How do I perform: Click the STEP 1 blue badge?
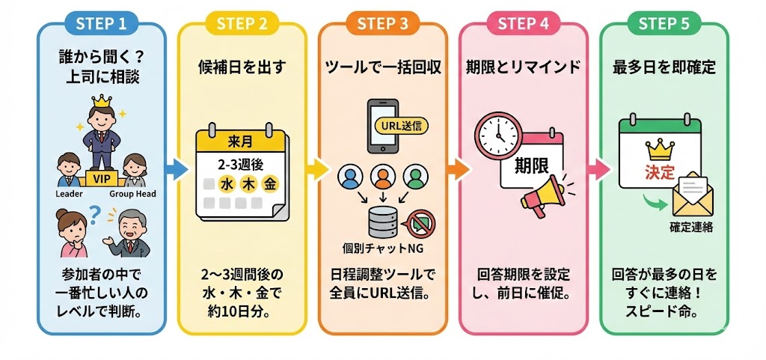pyautogui.click(x=101, y=23)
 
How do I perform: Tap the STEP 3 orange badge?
pyautogui.click(x=382, y=23)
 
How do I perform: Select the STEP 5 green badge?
pyautogui.click(x=664, y=23)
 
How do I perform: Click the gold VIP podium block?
pyautogui.click(x=100, y=178)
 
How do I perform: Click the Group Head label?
pyautogui.click(x=132, y=194)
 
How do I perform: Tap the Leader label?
pyautogui.click(x=70, y=194)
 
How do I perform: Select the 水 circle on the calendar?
pyautogui.click(x=226, y=183)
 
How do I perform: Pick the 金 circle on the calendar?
pyautogui.click(x=269, y=183)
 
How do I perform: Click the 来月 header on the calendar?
pyautogui.click(x=239, y=141)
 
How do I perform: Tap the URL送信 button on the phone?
pyautogui.click(x=400, y=125)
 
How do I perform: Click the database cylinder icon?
pyautogui.click(x=382, y=219)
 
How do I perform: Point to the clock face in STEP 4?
pyautogui.click(x=497, y=135)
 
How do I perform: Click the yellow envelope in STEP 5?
pyautogui.click(x=693, y=193)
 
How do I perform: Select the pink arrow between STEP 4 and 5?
pyautogui.click(x=596, y=169)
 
